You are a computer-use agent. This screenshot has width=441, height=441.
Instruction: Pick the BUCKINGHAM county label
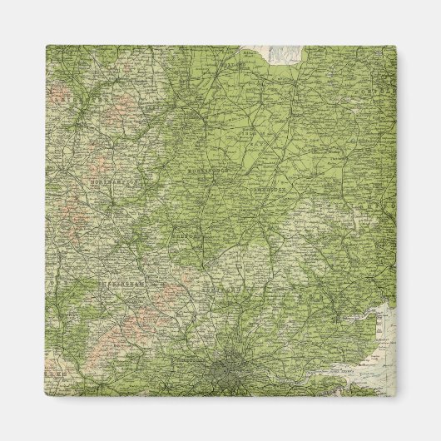125,283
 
